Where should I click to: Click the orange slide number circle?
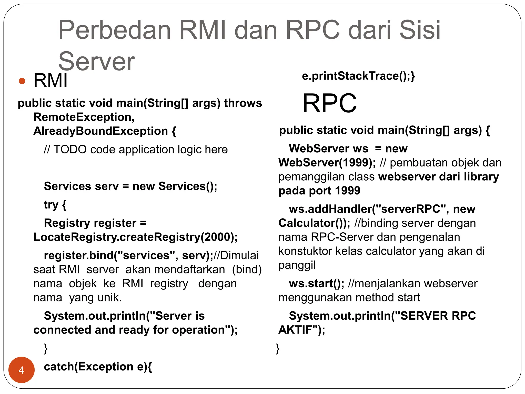point(22,370)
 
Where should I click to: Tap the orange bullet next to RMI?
point(22,81)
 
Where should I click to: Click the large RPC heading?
point(329,103)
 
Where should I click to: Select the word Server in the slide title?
point(97,62)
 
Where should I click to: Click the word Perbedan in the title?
point(115,30)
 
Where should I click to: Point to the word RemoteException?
point(84,117)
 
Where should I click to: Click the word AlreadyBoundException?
point(100,131)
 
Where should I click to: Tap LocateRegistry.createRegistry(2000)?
point(136,237)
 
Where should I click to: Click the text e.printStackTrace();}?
point(358,76)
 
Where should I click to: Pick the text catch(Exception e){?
point(98,367)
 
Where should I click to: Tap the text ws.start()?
point(317,284)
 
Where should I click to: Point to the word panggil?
point(297,265)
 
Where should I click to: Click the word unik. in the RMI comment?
point(109,298)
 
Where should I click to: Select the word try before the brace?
point(51,205)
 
